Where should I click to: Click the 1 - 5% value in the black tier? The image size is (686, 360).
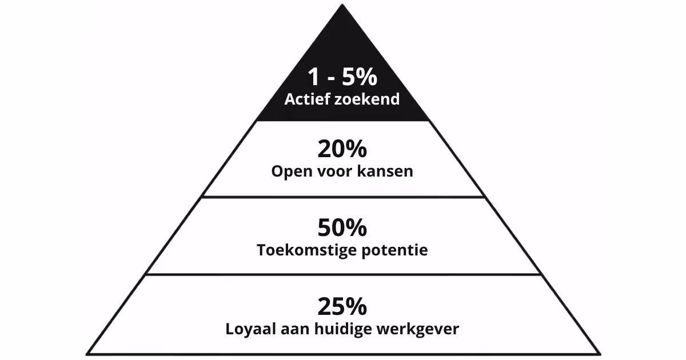pos(342,77)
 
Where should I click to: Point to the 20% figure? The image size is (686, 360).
pos(342,150)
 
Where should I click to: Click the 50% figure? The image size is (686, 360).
pos(342,228)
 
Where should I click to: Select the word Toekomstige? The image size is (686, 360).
pos(304,250)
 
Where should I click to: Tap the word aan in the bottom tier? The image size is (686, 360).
pos(300,330)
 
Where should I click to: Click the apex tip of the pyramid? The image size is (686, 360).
pos(343,6)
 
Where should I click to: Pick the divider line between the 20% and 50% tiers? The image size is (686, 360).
pos(343,197)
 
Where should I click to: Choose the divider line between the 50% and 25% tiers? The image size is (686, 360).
pos(343,274)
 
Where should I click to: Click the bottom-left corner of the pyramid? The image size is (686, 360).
pos(87,353)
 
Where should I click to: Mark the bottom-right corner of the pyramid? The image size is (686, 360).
pos(599,353)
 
